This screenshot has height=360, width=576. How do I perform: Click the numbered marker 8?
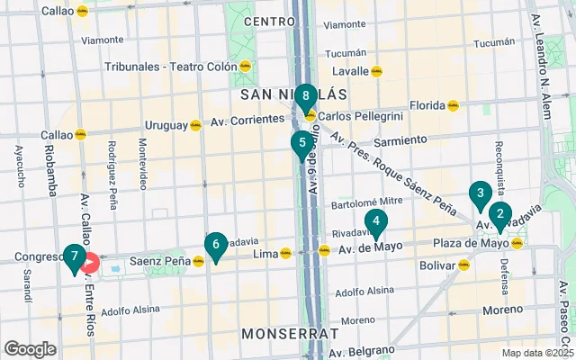(306, 95)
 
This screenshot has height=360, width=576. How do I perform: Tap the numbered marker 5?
(301, 142)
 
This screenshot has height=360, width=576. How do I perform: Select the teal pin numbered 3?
(480, 193)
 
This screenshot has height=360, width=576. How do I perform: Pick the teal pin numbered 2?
(499, 214)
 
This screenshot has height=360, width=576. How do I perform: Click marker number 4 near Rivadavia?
(375, 221)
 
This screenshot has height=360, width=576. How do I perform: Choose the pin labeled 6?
(214, 244)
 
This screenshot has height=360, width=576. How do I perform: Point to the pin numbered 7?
(74, 257)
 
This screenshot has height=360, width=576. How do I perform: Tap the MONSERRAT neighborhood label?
(290, 333)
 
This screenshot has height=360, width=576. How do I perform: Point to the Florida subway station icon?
(453, 105)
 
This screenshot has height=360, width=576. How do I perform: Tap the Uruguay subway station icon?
(194, 125)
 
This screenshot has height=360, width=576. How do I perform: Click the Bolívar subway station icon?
(463, 265)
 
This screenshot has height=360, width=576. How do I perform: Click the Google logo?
(30, 348)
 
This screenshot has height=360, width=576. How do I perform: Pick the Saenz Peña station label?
(158, 261)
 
